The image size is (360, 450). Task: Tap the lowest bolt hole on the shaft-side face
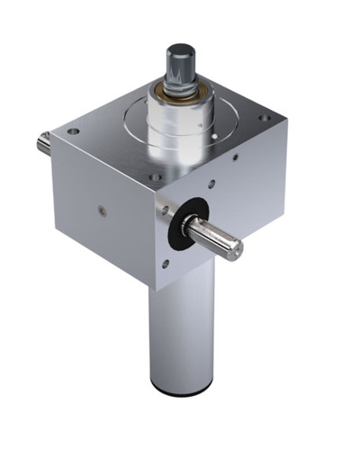pyautogui.click(x=165, y=264)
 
